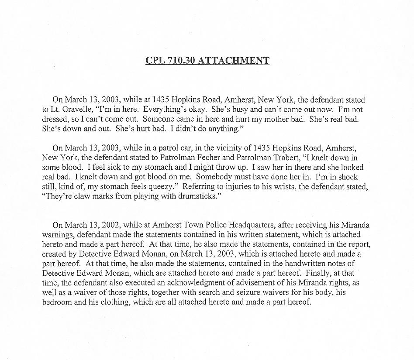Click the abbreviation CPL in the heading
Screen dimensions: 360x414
[x=155, y=61]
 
